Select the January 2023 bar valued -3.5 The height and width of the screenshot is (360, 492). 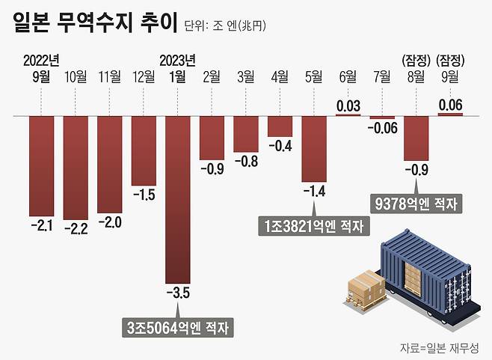177,198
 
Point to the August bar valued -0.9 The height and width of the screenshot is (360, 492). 416,138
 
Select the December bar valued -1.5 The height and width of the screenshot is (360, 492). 144,150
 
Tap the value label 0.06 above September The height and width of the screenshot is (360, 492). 450,106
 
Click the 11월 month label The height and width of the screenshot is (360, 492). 110,76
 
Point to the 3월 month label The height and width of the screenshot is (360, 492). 245,76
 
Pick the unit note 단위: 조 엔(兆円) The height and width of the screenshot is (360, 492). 224,25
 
